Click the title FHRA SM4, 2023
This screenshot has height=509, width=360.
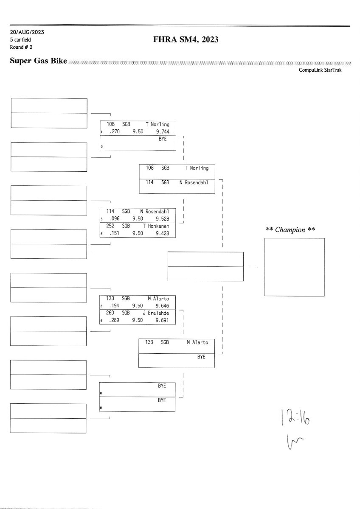[186, 40]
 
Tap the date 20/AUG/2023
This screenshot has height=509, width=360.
[27, 32]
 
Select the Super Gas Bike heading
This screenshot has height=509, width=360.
[39, 62]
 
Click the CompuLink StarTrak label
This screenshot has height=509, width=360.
[320, 70]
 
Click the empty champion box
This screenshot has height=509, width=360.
[294, 267]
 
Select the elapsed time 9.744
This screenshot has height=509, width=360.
[163, 132]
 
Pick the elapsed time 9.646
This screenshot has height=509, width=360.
[163, 305]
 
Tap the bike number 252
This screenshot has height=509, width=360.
[111, 226]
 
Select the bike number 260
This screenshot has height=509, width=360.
[111, 313]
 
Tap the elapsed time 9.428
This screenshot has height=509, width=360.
[163, 234]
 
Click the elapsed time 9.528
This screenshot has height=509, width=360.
[163, 219]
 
